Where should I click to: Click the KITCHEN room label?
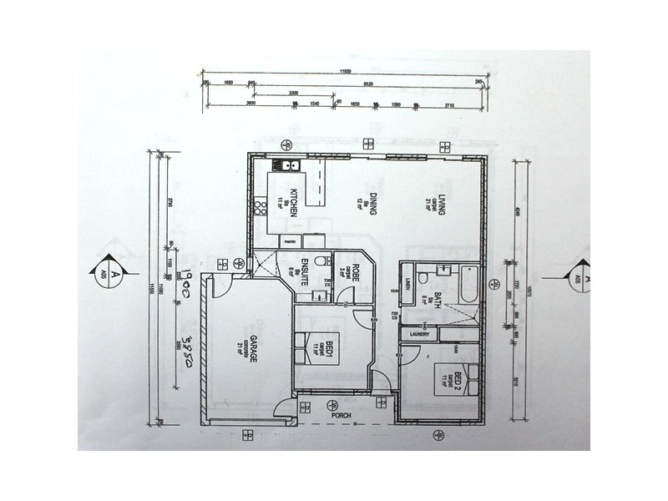(x=294, y=204)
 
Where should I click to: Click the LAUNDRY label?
(x=419, y=335)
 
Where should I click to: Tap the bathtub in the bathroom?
(x=464, y=284)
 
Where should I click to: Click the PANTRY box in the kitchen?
(x=291, y=240)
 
